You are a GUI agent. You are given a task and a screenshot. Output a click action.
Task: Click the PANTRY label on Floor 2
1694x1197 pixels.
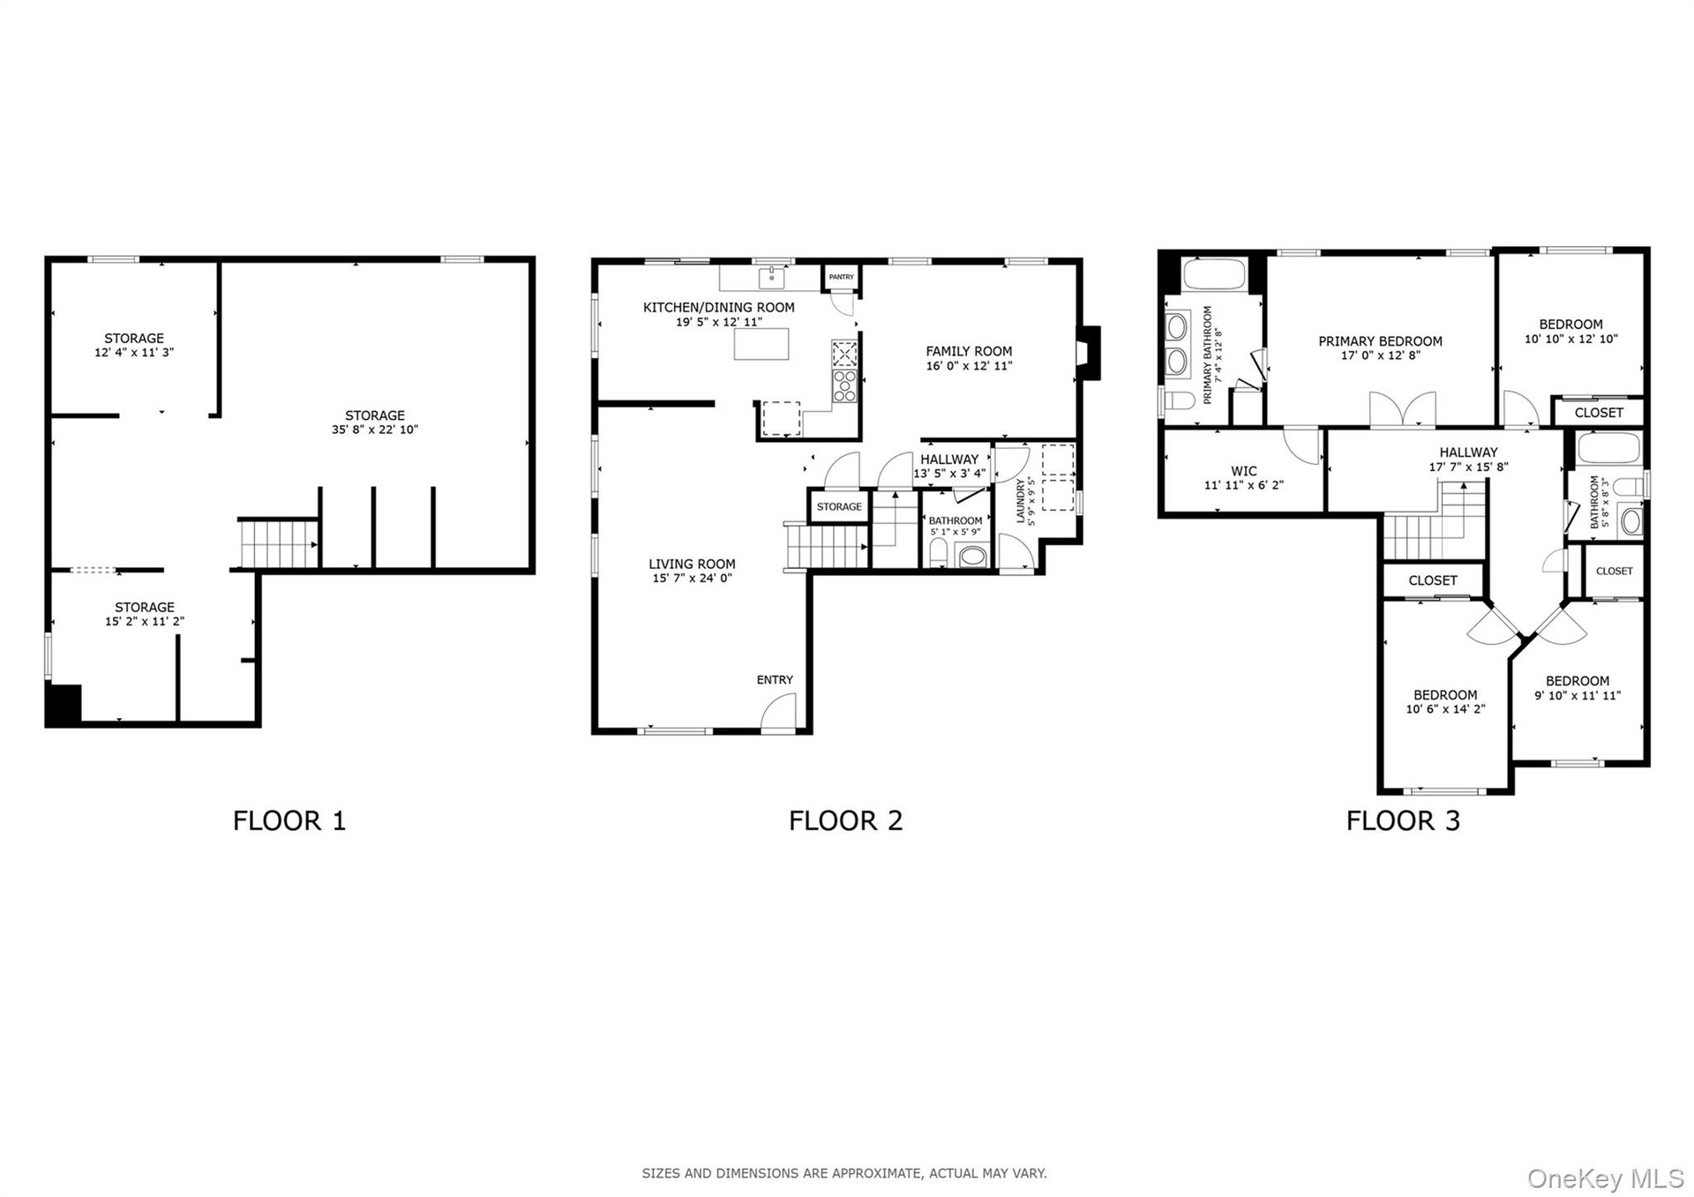click(841, 277)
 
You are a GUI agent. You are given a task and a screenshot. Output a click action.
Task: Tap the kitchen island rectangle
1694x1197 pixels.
click(761, 343)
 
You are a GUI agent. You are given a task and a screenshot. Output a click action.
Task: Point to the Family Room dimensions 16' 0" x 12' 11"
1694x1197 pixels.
click(969, 365)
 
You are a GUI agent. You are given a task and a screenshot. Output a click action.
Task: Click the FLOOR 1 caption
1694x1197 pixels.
click(289, 820)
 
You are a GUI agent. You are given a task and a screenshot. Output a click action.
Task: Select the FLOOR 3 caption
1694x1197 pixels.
click(1403, 820)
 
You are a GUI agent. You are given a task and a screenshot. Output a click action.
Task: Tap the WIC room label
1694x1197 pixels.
click(1244, 471)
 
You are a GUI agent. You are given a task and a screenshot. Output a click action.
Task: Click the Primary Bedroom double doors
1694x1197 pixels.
click(1402, 409)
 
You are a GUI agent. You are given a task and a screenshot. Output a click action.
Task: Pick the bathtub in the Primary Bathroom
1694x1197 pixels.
click(1213, 273)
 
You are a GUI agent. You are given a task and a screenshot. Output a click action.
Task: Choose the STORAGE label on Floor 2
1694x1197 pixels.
click(839, 506)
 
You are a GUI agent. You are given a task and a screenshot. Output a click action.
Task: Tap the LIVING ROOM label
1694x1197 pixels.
click(692, 564)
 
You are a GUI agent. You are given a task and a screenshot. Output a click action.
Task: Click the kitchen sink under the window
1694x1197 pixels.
click(772, 278)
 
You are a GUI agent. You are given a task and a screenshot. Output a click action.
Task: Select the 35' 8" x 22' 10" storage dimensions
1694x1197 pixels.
click(375, 430)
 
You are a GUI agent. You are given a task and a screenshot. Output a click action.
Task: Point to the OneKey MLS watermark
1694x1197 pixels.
click(1606, 1178)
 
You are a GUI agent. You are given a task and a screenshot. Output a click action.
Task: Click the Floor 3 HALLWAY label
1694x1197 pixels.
click(1468, 453)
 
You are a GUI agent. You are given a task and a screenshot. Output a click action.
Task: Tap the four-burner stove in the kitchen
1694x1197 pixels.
click(844, 385)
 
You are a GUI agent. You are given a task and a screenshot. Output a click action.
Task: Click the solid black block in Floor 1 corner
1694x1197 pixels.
click(64, 705)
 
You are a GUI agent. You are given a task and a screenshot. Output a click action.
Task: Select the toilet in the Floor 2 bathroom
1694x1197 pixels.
click(938, 554)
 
